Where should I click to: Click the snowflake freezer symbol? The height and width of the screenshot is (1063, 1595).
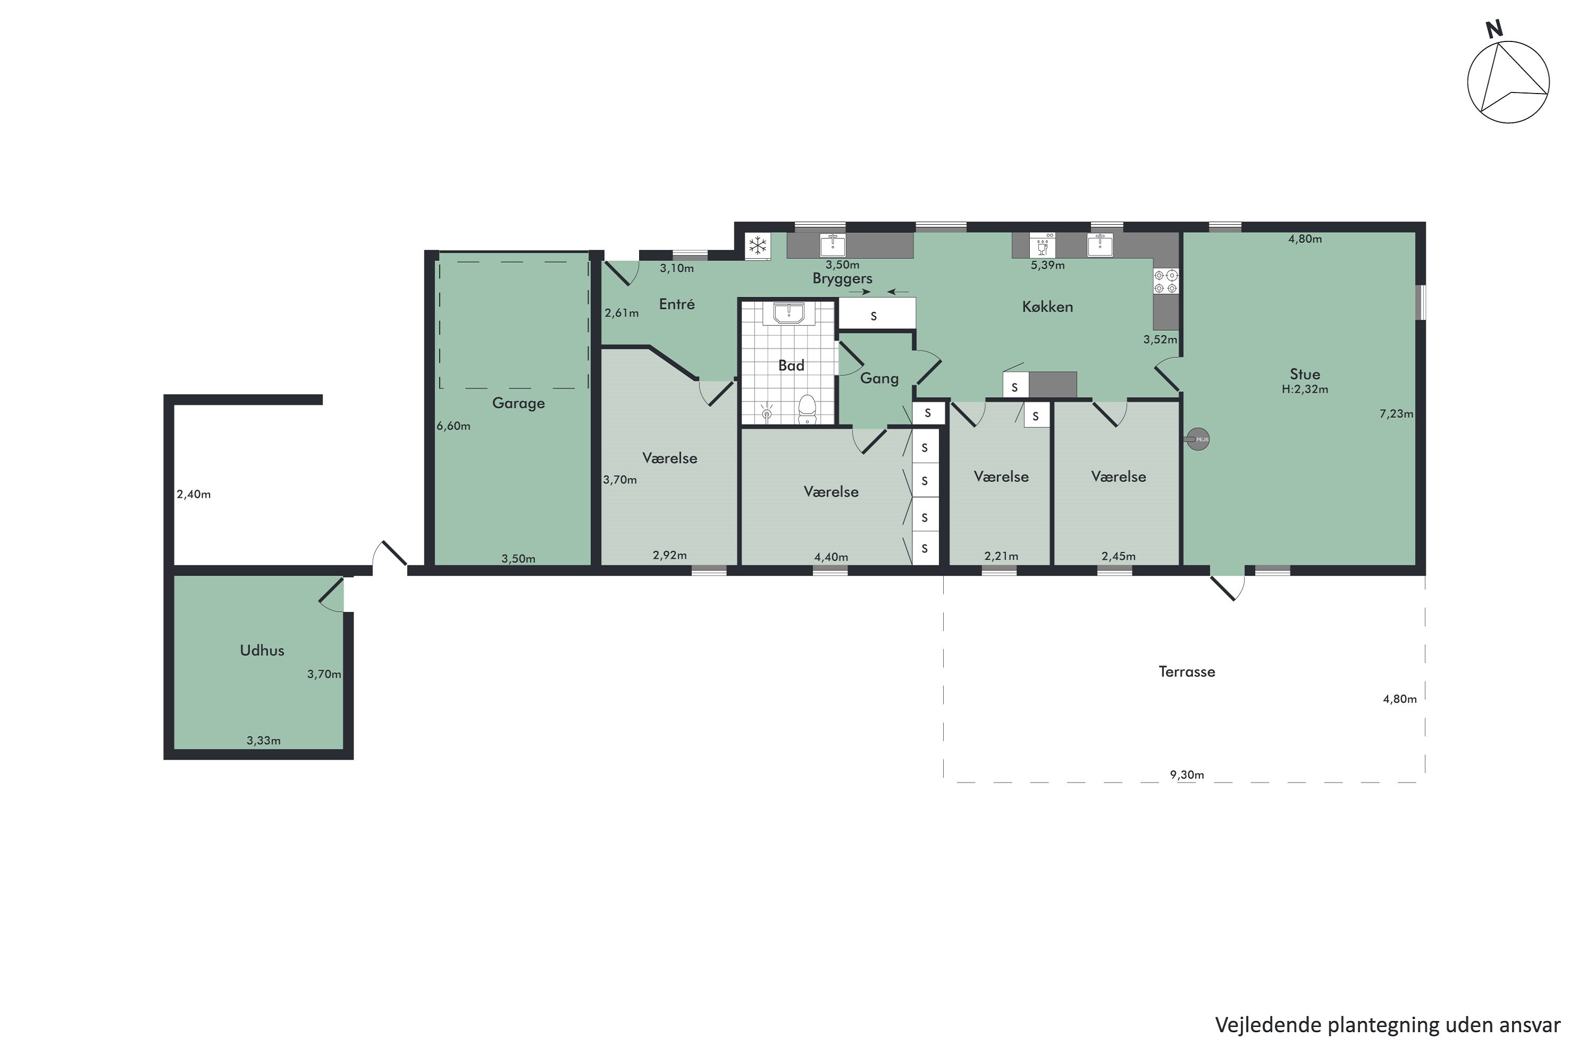click(758, 246)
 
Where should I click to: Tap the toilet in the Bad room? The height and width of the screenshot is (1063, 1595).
click(807, 408)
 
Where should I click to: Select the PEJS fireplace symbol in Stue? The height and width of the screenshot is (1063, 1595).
click(1198, 440)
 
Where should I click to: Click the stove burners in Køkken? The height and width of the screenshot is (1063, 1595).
click(1166, 281)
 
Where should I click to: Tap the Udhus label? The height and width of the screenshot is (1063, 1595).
click(262, 650)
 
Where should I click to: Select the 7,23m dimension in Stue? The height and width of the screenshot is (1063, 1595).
click(1396, 414)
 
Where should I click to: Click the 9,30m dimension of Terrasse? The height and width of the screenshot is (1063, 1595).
click(1187, 775)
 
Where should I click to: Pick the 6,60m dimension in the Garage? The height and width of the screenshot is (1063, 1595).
click(453, 426)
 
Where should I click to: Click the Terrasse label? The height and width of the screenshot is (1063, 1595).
click(1186, 672)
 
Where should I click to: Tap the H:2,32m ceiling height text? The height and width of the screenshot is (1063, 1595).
click(1304, 389)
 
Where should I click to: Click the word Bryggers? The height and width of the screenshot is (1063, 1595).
click(842, 278)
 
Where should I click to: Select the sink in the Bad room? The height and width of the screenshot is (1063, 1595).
click(788, 313)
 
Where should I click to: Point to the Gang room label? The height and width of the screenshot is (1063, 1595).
click(879, 378)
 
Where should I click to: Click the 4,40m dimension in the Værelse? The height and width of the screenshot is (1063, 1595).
click(830, 557)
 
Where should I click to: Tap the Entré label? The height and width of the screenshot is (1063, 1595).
click(676, 305)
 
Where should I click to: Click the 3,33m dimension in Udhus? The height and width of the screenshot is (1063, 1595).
click(263, 740)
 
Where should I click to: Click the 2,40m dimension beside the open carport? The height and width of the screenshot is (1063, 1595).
click(194, 494)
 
